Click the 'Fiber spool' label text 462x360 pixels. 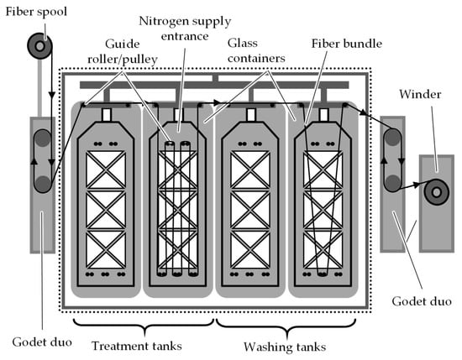[36, 12]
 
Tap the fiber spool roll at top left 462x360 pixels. [39, 46]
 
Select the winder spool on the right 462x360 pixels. [436, 192]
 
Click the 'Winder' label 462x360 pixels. [420, 95]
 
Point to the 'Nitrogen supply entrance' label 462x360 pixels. [185, 29]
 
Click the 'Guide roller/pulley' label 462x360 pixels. [123, 51]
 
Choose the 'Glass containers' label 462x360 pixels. [256, 50]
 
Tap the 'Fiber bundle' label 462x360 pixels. [347, 44]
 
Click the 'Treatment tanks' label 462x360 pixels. [137, 346]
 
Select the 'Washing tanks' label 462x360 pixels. [285, 347]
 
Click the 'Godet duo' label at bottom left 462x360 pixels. [42, 342]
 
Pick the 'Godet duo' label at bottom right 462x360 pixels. [422, 301]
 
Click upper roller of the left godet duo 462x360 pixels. [43, 138]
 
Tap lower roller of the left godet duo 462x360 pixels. [43, 184]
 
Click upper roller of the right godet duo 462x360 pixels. [392, 137]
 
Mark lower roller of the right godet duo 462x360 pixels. [392, 183]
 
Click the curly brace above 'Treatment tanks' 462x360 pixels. [144, 327]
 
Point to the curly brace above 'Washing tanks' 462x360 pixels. [286, 327]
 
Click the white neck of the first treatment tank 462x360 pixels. [106, 114]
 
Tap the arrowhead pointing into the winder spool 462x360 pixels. [417, 185]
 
